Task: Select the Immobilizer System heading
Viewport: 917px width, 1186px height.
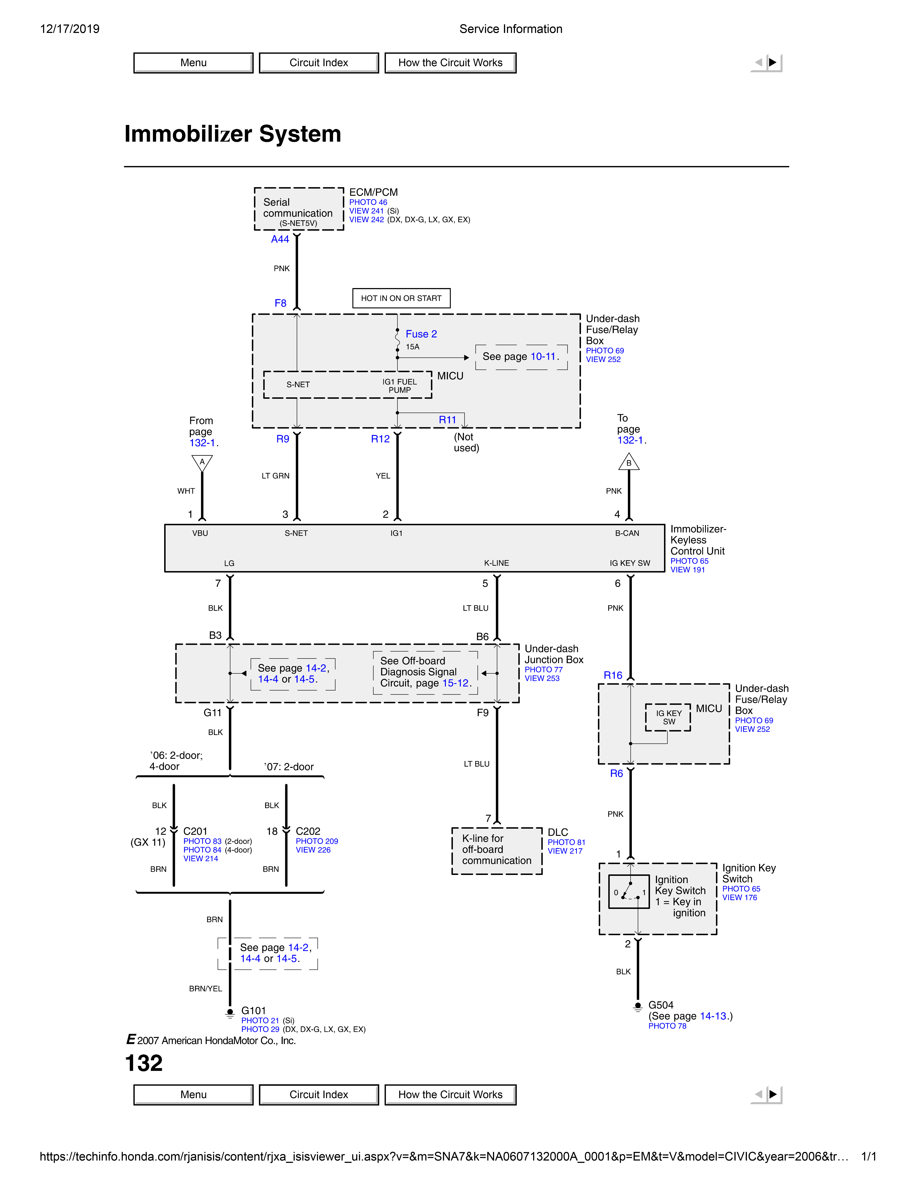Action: [232, 134]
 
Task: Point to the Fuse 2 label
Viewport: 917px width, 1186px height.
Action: [421, 334]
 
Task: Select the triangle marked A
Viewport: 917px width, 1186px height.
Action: [202, 463]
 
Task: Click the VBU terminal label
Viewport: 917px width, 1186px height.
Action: [200, 533]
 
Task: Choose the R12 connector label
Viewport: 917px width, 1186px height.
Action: [380, 439]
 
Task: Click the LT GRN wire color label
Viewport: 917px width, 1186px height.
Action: [275, 476]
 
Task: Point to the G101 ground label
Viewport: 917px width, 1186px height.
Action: [254, 1011]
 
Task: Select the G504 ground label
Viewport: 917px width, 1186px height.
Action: [661, 1005]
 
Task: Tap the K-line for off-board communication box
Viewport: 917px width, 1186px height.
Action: [496, 850]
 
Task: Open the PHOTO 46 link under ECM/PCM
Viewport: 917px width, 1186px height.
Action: [368, 202]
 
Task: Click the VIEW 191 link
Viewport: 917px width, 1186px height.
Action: [687, 570]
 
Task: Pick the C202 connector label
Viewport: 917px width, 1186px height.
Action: [308, 831]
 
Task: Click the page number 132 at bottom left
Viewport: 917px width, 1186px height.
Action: [144, 1063]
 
